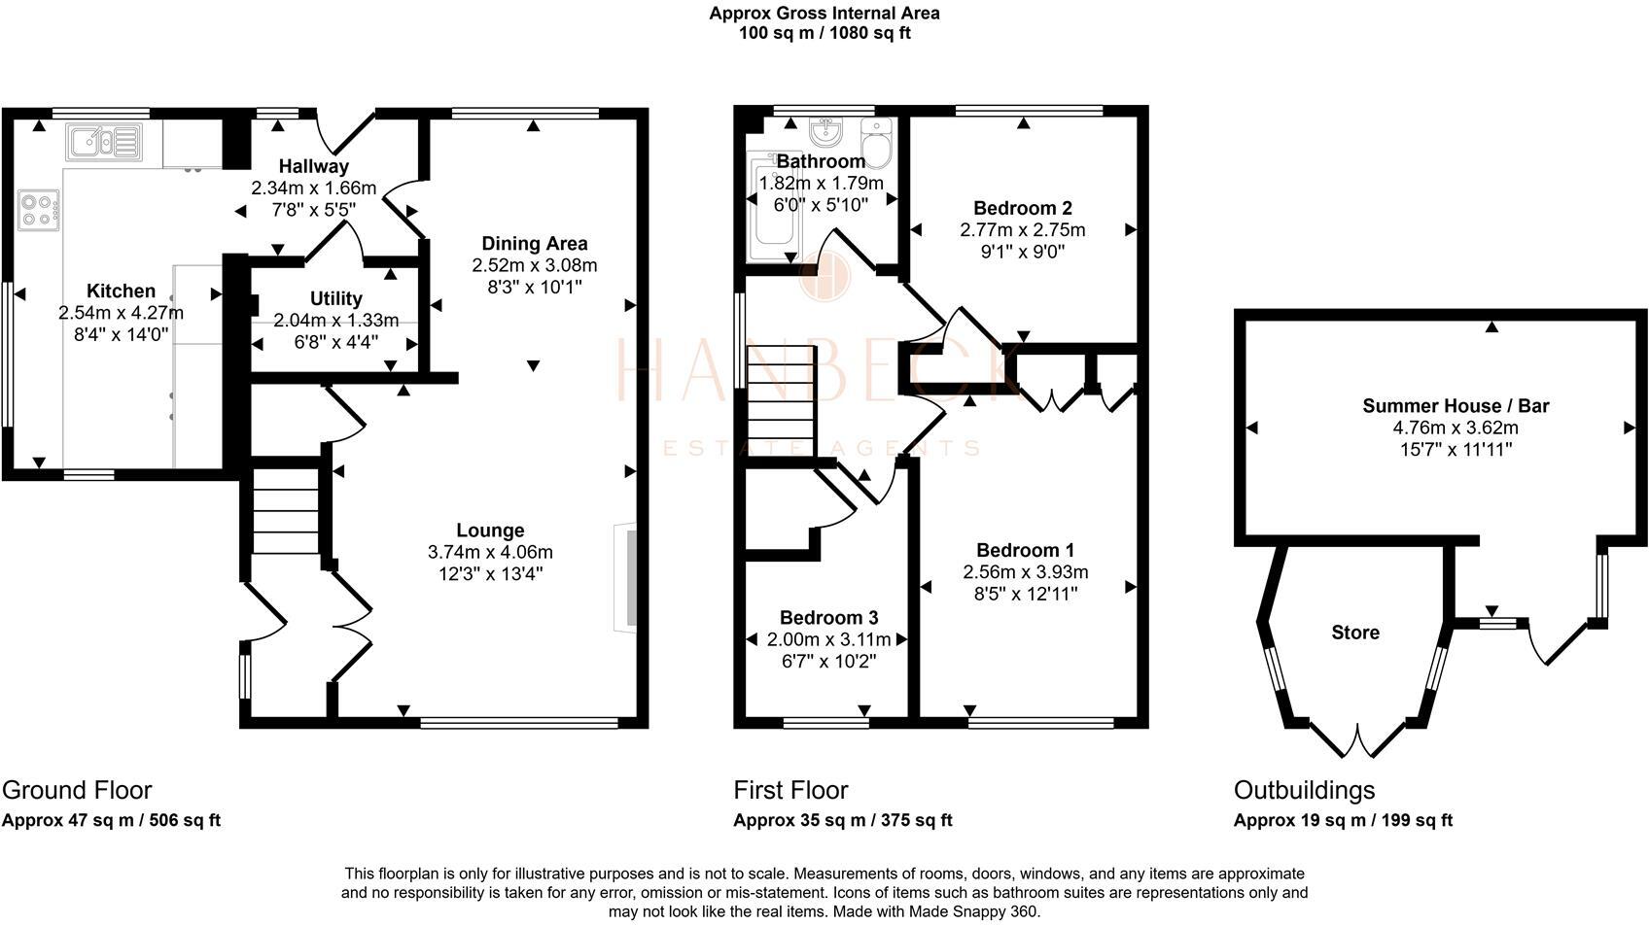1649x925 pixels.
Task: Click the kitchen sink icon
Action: tap(104, 142)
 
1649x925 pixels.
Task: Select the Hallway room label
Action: tap(313, 167)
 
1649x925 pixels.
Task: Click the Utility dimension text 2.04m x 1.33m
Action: tap(336, 321)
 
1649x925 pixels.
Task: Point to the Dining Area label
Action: tap(535, 244)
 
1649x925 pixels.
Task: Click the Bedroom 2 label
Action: tap(1022, 208)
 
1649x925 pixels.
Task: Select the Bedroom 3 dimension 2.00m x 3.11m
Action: tap(828, 639)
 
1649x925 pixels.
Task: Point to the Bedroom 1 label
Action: tap(1025, 550)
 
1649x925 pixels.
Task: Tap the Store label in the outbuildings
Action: tap(1354, 633)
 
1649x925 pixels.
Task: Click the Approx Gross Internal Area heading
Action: tap(824, 14)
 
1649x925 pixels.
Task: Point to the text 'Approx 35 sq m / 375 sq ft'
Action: tap(842, 820)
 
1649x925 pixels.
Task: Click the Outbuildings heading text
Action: tap(1304, 790)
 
